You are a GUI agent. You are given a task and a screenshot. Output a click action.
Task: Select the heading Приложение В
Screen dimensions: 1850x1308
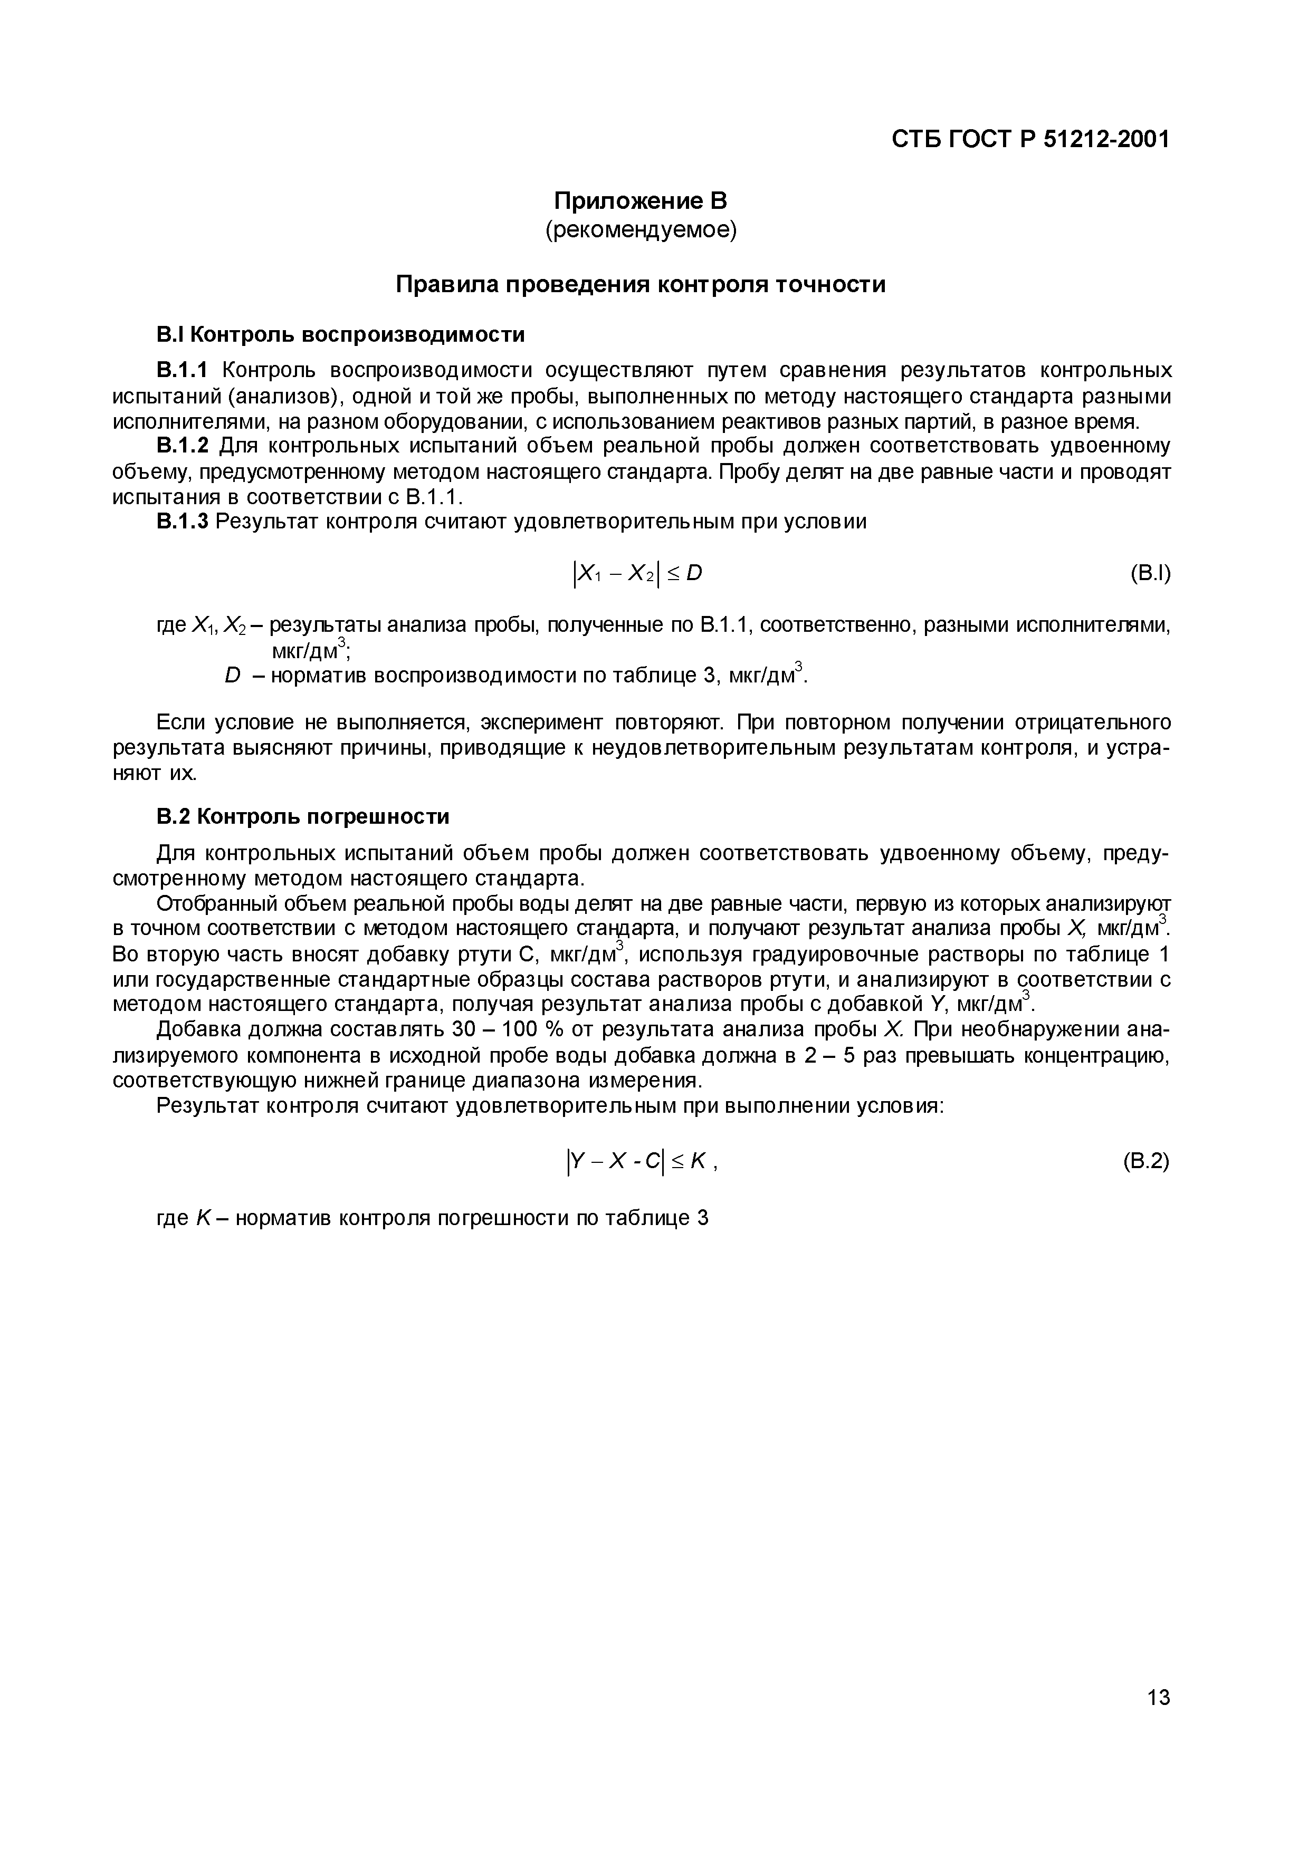coord(641,200)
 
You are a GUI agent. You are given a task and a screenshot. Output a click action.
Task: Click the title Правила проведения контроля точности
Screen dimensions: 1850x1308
coord(641,284)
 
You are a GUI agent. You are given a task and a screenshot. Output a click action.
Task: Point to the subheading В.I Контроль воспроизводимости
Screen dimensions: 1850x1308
coord(340,334)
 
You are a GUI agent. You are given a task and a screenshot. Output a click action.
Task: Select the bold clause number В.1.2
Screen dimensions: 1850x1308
coord(182,446)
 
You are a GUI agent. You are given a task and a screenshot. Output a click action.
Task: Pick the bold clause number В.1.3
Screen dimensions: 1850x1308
coord(182,522)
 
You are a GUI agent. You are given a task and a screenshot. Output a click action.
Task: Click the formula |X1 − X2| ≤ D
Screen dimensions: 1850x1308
coord(637,574)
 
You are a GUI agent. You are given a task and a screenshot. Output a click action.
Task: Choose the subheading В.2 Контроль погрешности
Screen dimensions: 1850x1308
coord(302,816)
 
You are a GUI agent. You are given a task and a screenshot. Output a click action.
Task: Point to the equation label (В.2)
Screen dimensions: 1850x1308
coord(1145,1161)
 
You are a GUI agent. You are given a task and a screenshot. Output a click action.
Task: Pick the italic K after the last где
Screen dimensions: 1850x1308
coord(203,1218)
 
